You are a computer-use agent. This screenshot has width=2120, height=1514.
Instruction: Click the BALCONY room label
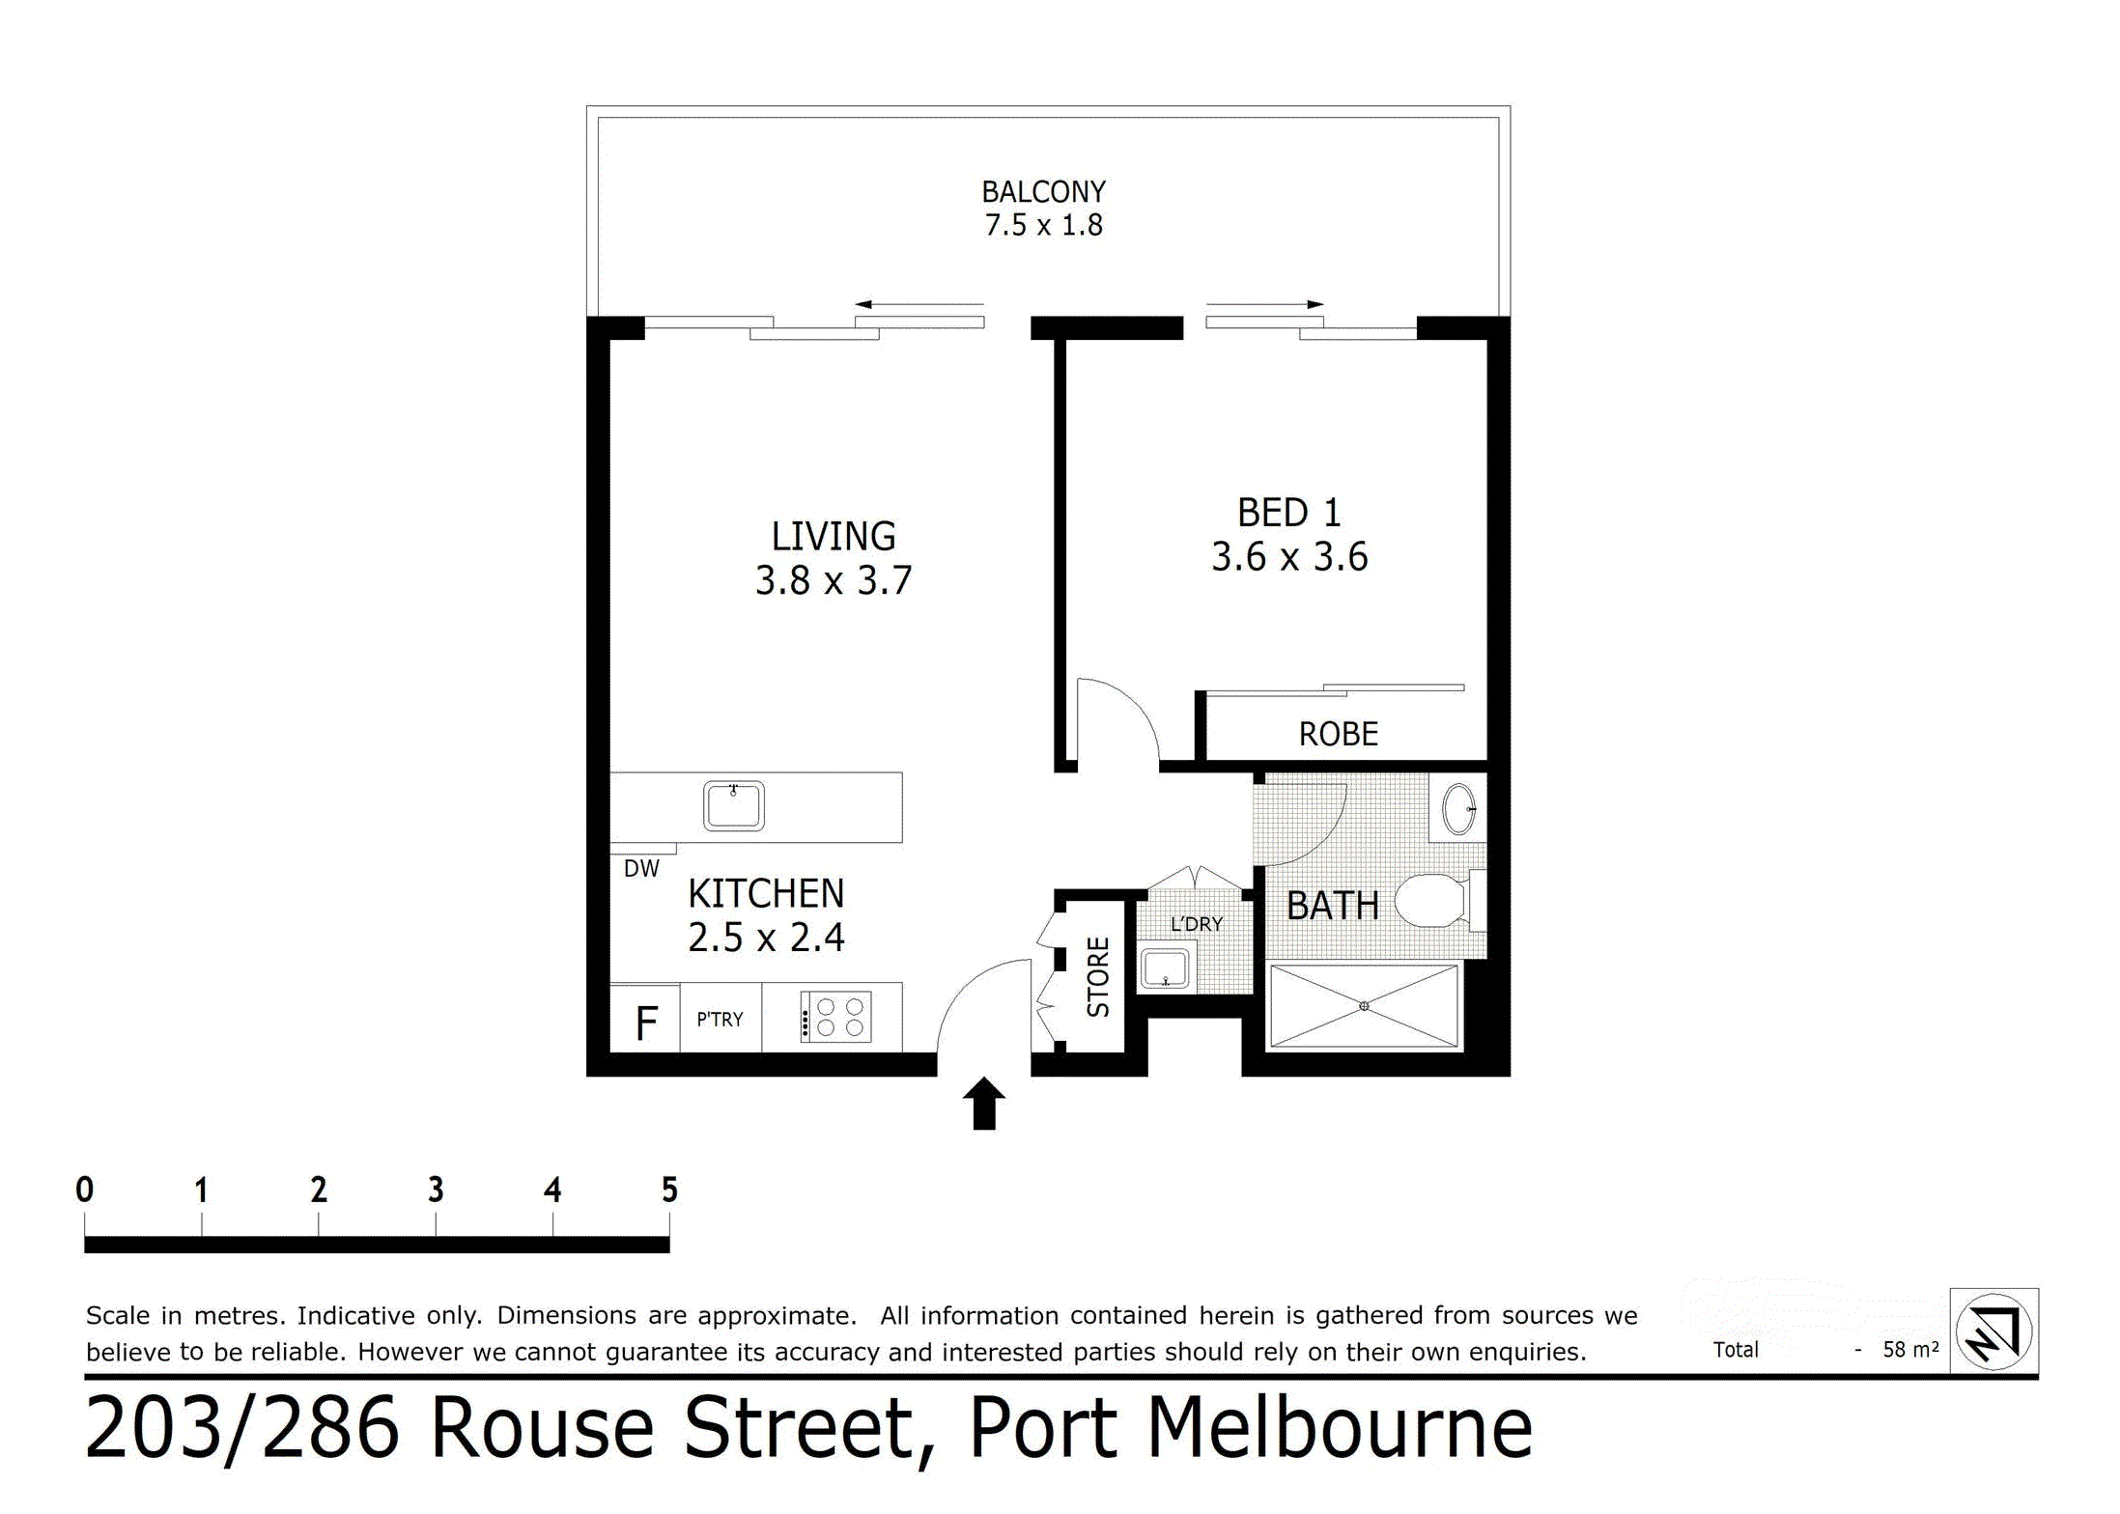[x=1043, y=192]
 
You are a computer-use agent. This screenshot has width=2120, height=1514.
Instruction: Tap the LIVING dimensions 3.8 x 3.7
[x=833, y=581]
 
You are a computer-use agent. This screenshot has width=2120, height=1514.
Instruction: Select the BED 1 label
[x=1288, y=513]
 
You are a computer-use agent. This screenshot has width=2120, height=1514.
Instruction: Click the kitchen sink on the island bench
[x=733, y=806]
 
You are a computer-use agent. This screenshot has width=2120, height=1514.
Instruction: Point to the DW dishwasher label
[x=641, y=869]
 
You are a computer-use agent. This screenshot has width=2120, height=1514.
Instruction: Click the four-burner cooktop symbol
[x=836, y=1018]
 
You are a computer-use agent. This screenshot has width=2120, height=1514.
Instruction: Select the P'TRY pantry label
[x=720, y=1020]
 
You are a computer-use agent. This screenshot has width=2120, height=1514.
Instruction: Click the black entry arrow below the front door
[x=983, y=1104]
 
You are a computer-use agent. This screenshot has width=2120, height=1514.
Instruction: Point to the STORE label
[x=1098, y=976]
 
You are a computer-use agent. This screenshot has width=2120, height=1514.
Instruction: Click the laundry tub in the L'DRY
[x=1165, y=968]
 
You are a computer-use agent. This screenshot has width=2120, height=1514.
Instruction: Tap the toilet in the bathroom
[x=1434, y=900]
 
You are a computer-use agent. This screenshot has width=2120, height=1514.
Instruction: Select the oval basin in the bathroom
[x=1458, y=809]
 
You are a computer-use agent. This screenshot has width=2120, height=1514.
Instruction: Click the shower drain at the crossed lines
[x=1364, y=1006]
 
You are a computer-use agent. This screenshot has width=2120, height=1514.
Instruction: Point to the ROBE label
[x=1338, y=735]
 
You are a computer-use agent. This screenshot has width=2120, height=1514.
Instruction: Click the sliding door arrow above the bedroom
[x=1264, y=304]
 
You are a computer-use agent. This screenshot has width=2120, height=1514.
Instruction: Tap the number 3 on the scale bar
[x=436, y=1190]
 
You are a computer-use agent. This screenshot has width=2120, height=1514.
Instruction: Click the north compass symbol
[x=1993, y=1332]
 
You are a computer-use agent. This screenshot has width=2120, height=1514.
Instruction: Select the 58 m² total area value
[x=1909, y=1350]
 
